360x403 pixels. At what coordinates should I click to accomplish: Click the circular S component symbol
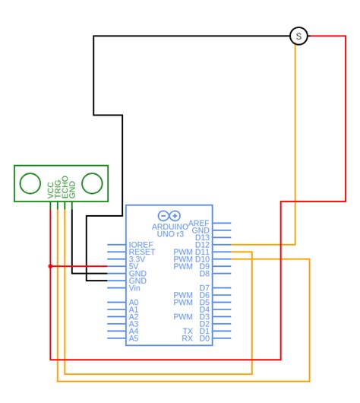pyautogui.click(x=298, y=36)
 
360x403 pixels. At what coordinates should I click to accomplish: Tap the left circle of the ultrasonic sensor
pyautogui.click(x=30, y=183)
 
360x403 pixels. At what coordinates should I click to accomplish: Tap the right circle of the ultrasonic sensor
pyautogui.click(x=92, y=183)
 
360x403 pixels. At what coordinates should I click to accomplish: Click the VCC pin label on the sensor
pyautogui.click(x=51, y=189)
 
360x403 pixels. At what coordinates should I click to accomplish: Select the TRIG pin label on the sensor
pyautogui.click(x=58, y=189)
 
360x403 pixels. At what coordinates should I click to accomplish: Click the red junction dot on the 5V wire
pyautogui.click(x=50, y=266)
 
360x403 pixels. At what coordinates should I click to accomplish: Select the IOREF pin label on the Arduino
pyautogui.click(x=141, y=245)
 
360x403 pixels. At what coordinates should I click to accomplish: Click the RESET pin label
pyautogui.click(x=142, y=252)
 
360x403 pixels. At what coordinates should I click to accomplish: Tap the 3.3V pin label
pyautogui.click(x=137, y=259)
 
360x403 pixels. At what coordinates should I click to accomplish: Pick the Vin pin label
pyautogui.click(x=134, y=288)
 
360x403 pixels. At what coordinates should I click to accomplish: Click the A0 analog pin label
pyautogui.click(x=134, y=303)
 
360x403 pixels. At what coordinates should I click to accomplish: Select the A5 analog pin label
pyautogui.click(x=134, y=338)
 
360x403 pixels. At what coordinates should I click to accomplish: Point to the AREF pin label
pyautogui.click(x=199, y=224)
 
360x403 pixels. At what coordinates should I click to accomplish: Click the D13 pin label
pyautogui.click(x=203, y=238)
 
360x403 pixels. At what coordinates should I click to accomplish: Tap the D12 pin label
pyautogui.click(x=203, y=245)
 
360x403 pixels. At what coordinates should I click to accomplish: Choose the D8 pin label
pyautogui.click(x=204, y=274)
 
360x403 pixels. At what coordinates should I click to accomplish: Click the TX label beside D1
pyautogui.click(x=188, y=332)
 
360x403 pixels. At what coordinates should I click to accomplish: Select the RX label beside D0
pyautogui.click(x=188, y=338)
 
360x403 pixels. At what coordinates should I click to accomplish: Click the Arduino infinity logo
pyautogui.click(x=169, y=216)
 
